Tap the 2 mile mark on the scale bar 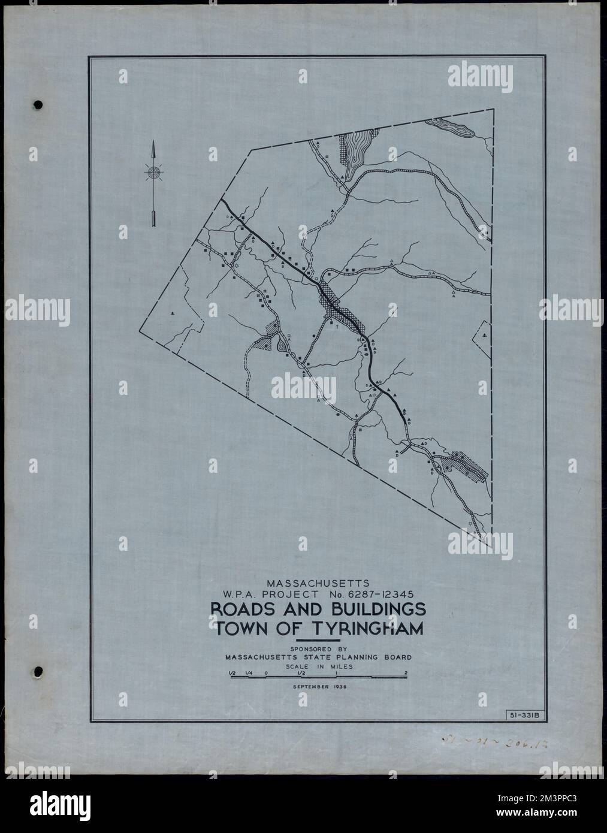pyautogui.click(x=406, y=672)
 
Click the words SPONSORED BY pyautogui.click(x=318, y=648)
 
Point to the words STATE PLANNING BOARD pyautogui.click(x=355, y=657)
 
